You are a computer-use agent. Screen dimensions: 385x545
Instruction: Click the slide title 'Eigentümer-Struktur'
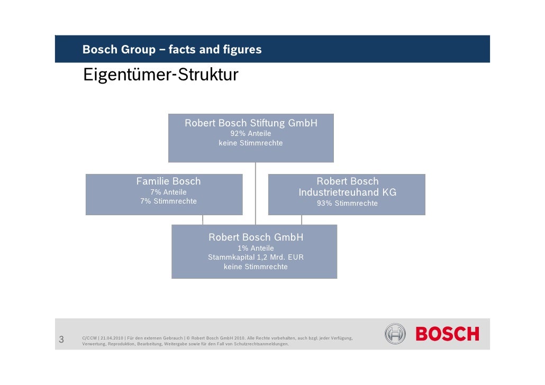pos(160,76)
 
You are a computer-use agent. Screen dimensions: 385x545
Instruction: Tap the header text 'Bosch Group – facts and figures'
pos(172,50)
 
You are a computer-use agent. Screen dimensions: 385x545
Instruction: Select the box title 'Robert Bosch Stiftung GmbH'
pos(251,123)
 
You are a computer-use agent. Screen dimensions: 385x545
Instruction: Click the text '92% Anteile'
pos(251,134)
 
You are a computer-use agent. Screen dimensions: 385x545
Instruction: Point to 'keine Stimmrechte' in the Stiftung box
pos(251,143)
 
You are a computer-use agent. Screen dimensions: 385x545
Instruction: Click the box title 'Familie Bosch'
pos(168,181)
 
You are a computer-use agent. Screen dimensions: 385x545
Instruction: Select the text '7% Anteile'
pos(168,192)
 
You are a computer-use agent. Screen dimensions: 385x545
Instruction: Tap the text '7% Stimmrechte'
pos(168,201)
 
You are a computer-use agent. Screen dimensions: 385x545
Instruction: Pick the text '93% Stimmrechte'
pos(347,204)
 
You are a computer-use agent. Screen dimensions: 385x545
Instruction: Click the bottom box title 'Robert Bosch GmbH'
pos(256,237)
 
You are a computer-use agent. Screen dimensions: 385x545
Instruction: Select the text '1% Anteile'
pos(256,248)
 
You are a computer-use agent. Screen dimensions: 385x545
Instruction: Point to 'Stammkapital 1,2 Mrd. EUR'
pos(256,258)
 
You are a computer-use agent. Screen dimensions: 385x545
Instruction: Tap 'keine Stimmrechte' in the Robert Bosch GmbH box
pos(256,267)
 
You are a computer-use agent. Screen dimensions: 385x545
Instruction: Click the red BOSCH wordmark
pos(447,334)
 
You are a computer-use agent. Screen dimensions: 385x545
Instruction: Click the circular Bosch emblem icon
pos(395,334)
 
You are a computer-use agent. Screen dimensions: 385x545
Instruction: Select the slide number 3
pos(61,340)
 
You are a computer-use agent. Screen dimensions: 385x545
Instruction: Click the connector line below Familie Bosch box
pos(203,220)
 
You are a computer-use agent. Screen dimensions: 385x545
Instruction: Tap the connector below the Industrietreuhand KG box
pos(302,220)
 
